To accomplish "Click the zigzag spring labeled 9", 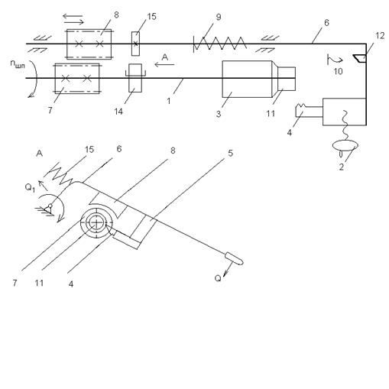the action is (x=220, y=44).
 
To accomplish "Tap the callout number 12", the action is (x=380, y=36).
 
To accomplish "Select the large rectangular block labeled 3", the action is (x=247, y=79).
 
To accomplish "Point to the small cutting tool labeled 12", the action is (x=360, y=58).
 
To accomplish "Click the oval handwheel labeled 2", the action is (x=345, y=145).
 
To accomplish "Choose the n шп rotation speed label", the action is (x=18, y=63).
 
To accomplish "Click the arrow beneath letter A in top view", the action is (x=164, y=65).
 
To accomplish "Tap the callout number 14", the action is (x=118, y=112).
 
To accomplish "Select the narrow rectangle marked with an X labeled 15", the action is (x=135, y=44).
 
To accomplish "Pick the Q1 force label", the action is (x=30, y=188).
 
